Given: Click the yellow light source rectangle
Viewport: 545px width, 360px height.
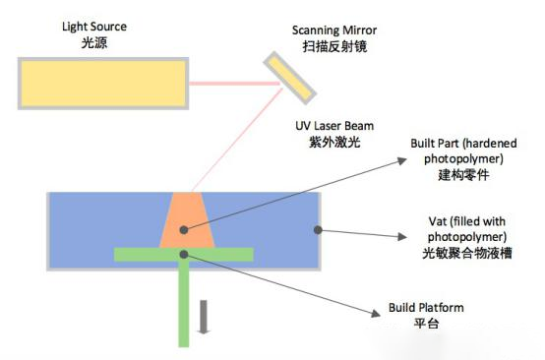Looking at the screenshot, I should [103, 82].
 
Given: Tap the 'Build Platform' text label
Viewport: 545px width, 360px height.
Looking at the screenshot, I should [422, 308].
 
